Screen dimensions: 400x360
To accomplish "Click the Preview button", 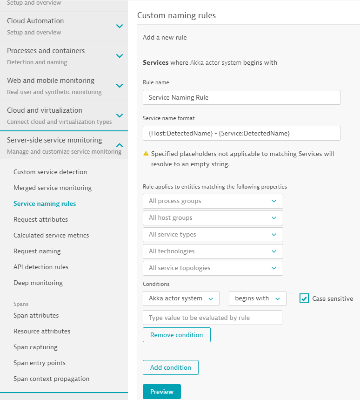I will [161, 392].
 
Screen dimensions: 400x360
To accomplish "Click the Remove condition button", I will [176, 335].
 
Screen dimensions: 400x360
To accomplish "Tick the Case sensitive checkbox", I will [304, 298].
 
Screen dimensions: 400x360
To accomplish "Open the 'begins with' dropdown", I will [257, 298].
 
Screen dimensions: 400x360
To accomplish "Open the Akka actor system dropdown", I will [180, 298].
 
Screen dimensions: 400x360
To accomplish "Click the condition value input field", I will [212, 318].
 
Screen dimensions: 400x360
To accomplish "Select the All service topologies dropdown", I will [213, 268].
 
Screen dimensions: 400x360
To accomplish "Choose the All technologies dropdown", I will [213, 251].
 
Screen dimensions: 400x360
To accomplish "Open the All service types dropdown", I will [213, 234].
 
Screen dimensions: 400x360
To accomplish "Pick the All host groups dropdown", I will [213, 217].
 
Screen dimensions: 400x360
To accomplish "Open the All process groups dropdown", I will [213, 201].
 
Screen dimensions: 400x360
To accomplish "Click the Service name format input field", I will [241, 133].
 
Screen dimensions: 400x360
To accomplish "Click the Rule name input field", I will [241, 97].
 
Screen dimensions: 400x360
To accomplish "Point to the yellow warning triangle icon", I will [146, 154].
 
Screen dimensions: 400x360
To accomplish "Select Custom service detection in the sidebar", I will [50, 172].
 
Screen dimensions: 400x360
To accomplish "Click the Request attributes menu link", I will [40, 219].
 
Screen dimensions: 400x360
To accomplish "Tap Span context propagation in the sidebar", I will [51, 379].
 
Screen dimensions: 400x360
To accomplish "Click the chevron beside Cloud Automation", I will [120, 26].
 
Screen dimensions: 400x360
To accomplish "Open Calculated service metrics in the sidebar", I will [51, 235].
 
